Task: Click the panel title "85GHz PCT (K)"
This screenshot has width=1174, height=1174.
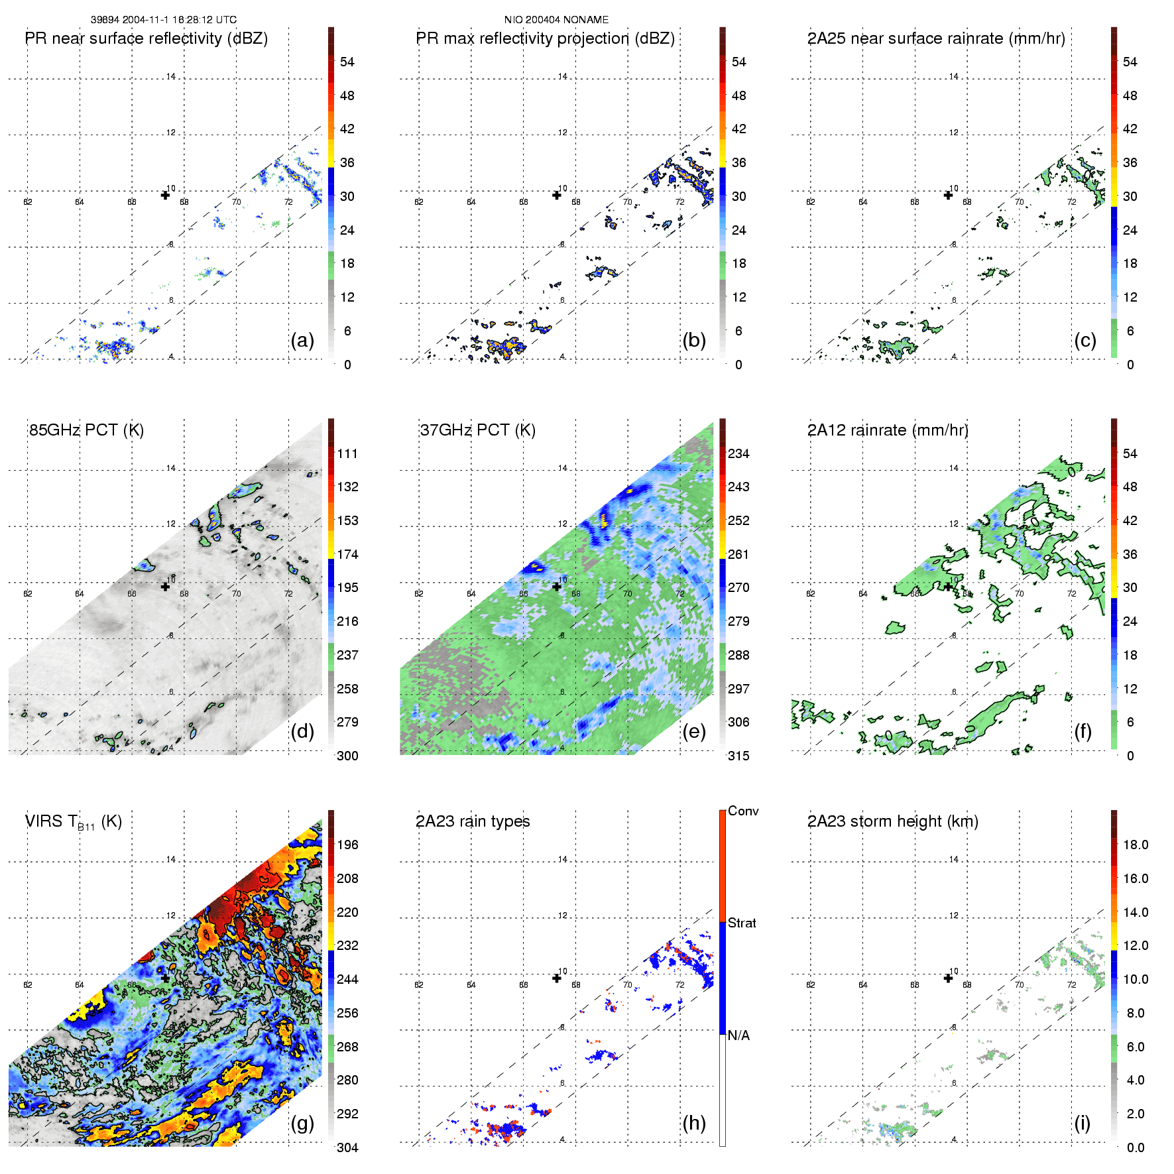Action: (86, 430)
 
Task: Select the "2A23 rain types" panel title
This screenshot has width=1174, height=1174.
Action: (473, 821)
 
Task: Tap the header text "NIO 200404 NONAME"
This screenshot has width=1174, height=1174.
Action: (556, 20)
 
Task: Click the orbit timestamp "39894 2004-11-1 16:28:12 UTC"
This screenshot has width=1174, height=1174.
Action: (164, 20)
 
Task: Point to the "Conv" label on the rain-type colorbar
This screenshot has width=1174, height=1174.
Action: (743, 811)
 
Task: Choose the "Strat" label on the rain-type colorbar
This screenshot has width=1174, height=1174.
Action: (742, 923)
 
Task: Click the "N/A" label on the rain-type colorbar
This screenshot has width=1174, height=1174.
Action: (738, 1035)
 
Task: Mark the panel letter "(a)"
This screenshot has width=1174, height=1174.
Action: (302, 340)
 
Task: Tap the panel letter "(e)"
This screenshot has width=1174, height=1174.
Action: (694, 731)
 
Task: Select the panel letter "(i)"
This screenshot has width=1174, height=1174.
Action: (1083, 1123)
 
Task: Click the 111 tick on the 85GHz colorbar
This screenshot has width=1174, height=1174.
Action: (347, 453)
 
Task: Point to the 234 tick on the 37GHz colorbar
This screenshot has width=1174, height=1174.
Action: (738, 453)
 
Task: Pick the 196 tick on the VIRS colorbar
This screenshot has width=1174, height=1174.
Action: (347, 845)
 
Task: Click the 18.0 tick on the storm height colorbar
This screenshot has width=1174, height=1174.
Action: (1136, 845)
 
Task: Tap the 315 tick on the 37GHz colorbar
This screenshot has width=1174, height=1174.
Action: (738, 756)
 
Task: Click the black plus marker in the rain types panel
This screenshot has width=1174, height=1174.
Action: (557, 978)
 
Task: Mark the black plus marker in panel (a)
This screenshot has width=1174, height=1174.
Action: (165, 195)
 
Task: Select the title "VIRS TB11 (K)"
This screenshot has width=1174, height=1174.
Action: (73, 822)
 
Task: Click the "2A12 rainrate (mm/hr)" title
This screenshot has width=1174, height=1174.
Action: (888, 430)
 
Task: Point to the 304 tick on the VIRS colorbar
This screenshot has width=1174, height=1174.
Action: (347, 1147)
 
